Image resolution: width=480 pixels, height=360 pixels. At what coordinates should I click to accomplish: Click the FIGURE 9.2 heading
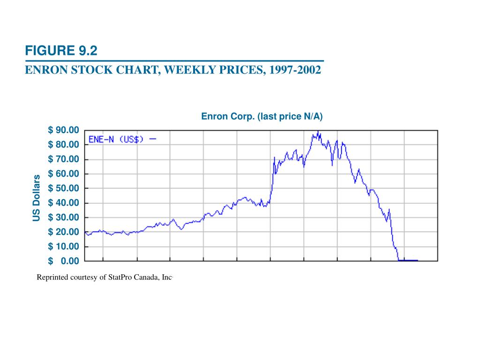coord(61,51)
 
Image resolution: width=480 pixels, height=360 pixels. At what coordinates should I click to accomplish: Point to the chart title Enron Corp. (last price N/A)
coord(262,116)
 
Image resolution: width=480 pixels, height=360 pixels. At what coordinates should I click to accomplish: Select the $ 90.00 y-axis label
coord(64,130)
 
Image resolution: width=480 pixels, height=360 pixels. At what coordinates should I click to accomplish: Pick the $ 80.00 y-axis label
coord(64,144)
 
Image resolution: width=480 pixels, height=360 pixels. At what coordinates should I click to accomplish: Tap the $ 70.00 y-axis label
coord(64,159)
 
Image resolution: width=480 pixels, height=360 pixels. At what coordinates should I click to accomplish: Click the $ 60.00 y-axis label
coord(64,173)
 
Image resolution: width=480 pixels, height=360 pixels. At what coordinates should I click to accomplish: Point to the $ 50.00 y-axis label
coord(64,188)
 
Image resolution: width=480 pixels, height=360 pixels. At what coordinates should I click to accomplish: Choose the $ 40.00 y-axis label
coord(64,202)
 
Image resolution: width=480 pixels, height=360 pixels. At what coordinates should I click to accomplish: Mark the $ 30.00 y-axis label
coord(64,217)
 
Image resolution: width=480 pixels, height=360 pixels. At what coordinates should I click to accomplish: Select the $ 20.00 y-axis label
coord(64,232)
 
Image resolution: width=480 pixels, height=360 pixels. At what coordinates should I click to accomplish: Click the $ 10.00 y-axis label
coord(64,246)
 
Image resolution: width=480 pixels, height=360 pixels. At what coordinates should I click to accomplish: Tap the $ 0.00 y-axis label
coord(64,261)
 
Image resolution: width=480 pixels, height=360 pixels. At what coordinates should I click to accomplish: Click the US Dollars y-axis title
coord(36,197)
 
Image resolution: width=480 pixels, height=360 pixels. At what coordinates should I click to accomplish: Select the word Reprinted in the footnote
coord(52,277)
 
